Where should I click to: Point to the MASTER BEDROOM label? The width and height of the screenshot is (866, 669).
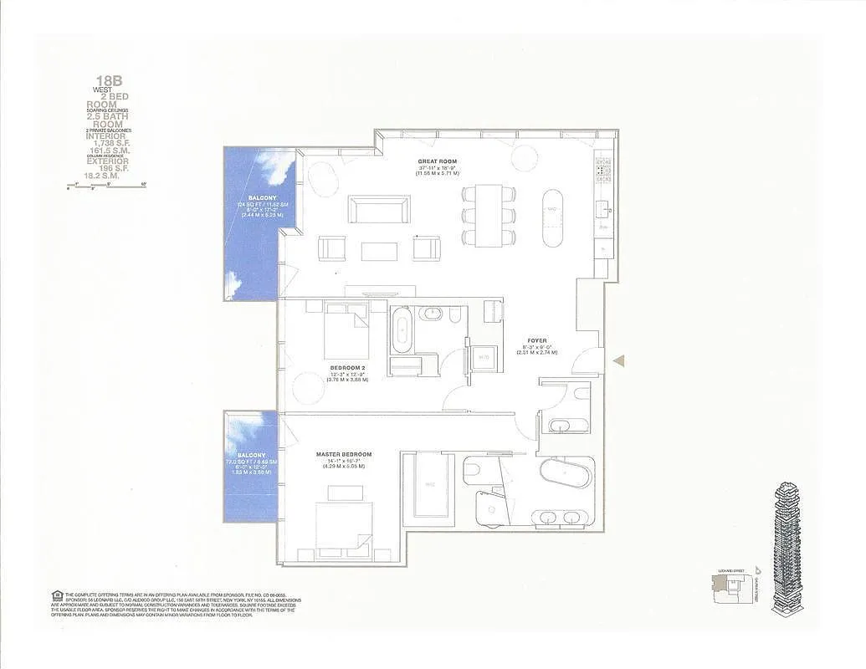[x=343, y=454]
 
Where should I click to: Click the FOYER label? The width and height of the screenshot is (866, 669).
[x=536, y=341]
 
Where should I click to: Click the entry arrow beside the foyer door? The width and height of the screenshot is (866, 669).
[x=619, y=360]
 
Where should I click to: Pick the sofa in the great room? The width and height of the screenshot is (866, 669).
[x=379, y=209]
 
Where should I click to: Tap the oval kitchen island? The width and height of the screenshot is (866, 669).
[x=553, y=216]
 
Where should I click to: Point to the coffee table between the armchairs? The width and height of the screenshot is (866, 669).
[x=379, y=250]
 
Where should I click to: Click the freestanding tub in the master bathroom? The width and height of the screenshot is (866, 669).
[x=565, y=474]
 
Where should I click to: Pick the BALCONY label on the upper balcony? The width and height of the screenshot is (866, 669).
[x=251, y=198]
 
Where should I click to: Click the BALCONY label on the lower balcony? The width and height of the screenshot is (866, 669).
[x=251, y=455]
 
